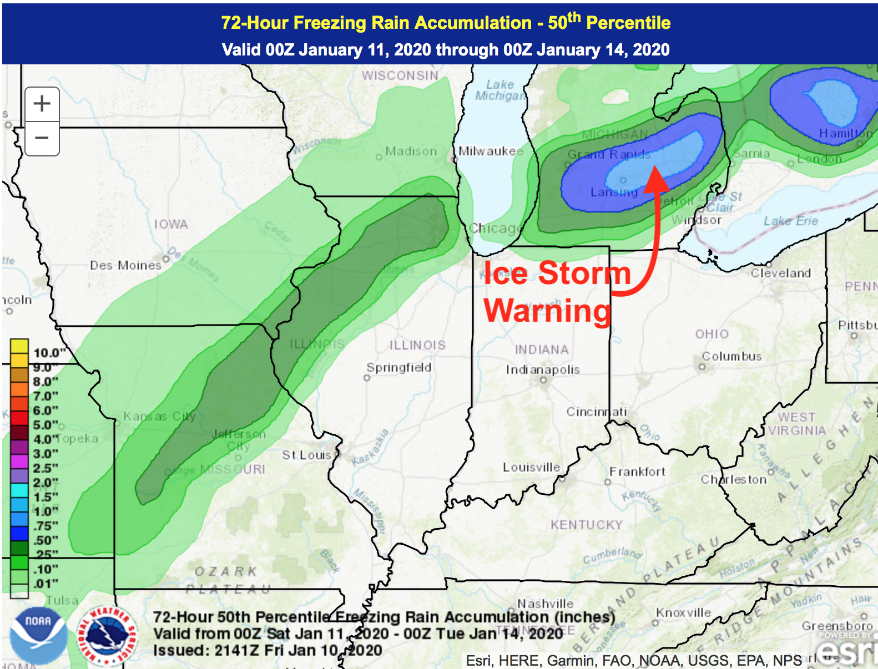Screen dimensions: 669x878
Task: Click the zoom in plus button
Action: click(x=42, y=104)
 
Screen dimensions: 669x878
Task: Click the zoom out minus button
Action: click(x=42, y=138)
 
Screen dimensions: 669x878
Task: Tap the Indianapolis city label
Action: click(x=542, y=369)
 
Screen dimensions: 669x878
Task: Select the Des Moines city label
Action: click(x=125, y=265)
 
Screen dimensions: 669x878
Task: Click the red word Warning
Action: click(x=547, y=311)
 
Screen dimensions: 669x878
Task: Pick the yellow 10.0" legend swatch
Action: click(x=19, y=346)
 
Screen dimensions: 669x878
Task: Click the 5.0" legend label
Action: click(x=46, y=425)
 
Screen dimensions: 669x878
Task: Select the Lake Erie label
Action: click(x=790, y=221)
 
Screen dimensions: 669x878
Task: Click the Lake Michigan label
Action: click(x=499, y=90)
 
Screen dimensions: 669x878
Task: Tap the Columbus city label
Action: click(x=731, y=356)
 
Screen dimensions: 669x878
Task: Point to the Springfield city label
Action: click(x=398, y=367)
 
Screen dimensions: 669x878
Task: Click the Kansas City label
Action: click(x=159, y=416)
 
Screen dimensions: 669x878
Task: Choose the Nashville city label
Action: click(x=545, y=604)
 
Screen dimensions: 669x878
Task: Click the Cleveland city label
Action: click(x=780, y=273)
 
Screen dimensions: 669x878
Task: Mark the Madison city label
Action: click(x=411, y=151)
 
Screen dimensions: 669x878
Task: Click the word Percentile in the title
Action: click(x=628, y=23)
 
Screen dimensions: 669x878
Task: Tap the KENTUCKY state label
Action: click(x=586, y=525)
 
